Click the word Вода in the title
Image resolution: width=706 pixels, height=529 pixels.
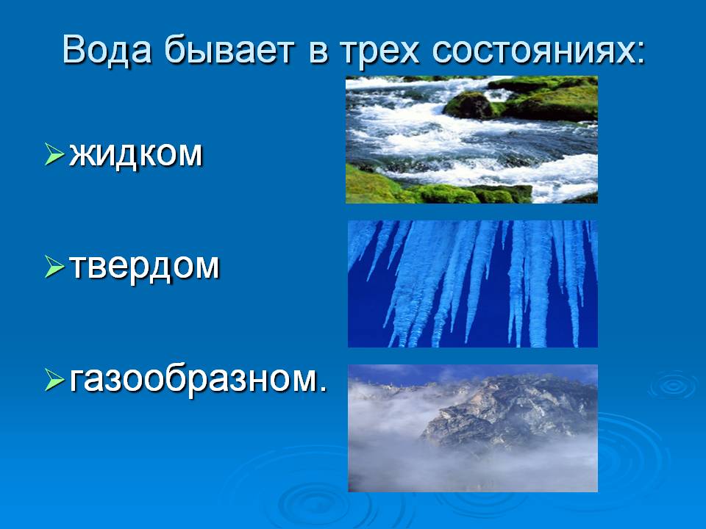[106, 49]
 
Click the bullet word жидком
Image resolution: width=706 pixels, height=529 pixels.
[136, 155]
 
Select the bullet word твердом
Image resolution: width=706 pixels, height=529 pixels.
[145, 267]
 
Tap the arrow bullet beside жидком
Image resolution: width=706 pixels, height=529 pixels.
[54, 154]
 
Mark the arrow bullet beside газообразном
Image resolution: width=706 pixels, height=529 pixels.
[54, 379]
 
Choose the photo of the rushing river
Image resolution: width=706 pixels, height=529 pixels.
[471, 140]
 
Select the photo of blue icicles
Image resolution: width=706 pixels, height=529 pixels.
[473, 284]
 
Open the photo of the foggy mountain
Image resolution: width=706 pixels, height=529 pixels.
[473, 428]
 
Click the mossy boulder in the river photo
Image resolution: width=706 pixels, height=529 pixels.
[469, 106]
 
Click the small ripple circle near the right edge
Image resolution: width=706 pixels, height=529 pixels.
[673, 384]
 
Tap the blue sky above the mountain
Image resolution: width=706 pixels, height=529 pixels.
[473, 373]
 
